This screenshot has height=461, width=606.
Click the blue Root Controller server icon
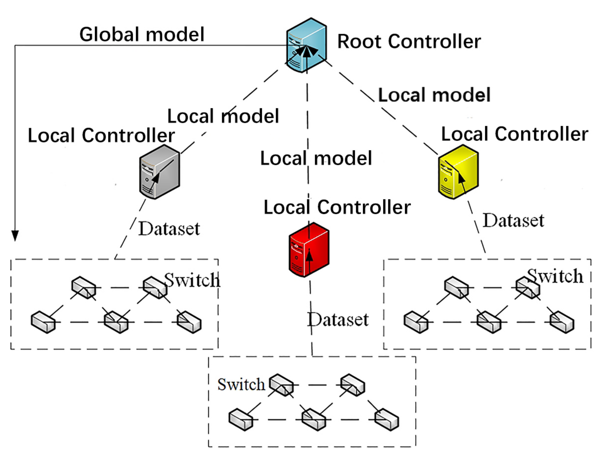click(307, 45)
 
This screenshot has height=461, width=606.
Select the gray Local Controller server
click(159, 172)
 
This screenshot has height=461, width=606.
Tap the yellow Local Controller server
click(458, 172)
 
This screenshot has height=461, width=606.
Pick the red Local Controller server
click(309, 250)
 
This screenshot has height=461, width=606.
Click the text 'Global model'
click(142, 35)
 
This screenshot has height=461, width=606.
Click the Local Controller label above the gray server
click(101, 135)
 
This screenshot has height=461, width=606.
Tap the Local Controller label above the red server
click(337, 207)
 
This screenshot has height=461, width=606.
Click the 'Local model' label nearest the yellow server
click(434, 95)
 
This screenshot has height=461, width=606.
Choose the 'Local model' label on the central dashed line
click(316, 158)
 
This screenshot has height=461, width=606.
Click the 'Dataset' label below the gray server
click(169, 229)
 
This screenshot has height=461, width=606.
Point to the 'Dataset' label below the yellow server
click(513, 220)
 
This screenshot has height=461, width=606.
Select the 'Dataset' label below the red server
click(338, 319)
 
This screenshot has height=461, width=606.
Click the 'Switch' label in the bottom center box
click(241, 385)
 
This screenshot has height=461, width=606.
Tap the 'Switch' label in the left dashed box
click(192, 280)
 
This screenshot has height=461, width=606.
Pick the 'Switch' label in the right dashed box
click(555, 276)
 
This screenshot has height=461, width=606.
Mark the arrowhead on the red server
click(309, 255)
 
